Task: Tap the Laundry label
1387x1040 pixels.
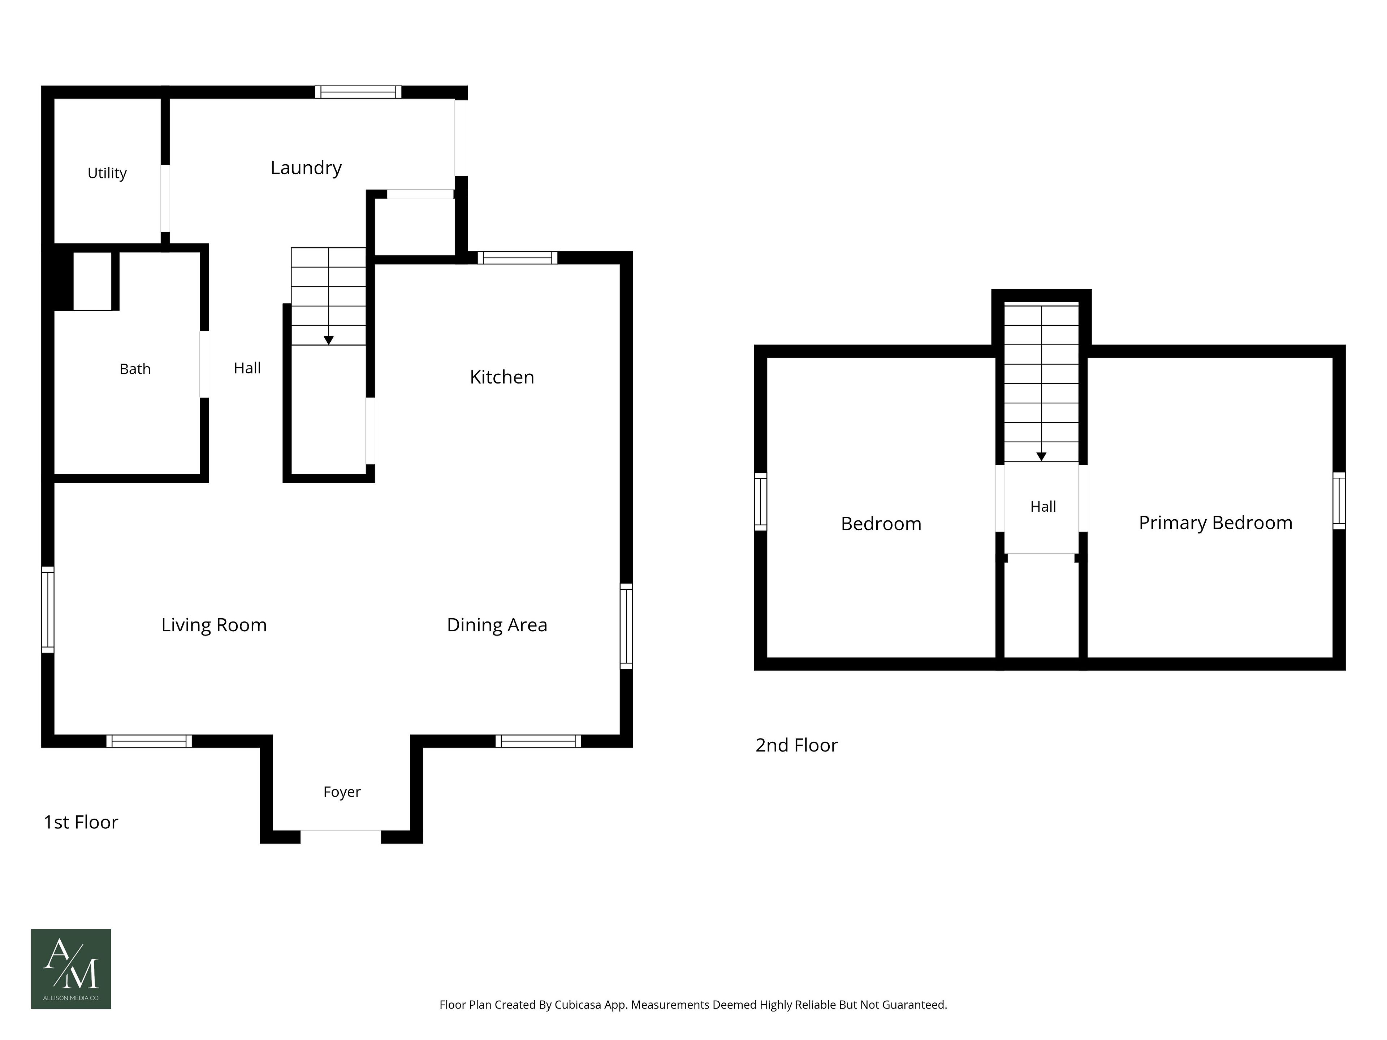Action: [x=306, y=168]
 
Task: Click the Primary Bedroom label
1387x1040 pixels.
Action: [x=1215, y=523]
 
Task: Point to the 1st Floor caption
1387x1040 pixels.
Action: [x=81, y=823]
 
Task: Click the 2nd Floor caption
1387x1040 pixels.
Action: [x=796, y=745]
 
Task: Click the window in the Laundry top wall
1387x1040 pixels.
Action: [x=358, y=92]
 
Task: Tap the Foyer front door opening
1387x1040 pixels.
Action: [x=341, y=837]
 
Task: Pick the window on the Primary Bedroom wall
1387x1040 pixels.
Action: [x=1339, y=501]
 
